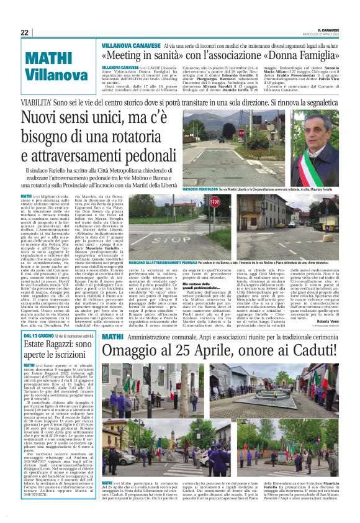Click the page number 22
24,33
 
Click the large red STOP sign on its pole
214,202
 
